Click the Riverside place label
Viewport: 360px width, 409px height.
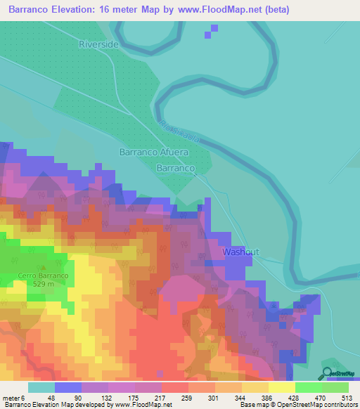98,44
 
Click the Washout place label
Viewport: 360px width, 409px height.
240,252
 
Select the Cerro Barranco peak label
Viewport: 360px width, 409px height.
44,275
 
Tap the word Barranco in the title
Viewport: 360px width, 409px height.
32,10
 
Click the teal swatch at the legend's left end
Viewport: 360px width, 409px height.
41,387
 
